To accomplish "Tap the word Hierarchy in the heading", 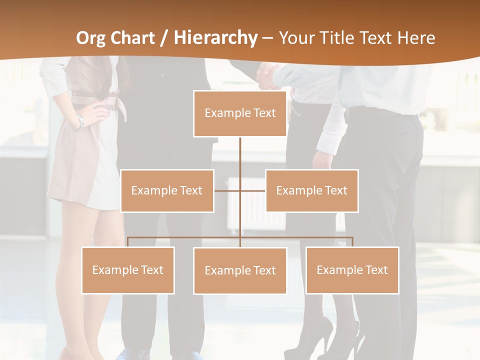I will [215, 38].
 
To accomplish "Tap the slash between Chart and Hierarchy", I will [164, 38].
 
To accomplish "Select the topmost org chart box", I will [240, 113].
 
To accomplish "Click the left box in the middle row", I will [167, 190].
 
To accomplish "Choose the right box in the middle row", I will [311, 190].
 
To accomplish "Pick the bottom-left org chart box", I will [128, 270].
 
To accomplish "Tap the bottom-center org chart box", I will [240, 270].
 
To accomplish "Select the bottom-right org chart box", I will [352, 270].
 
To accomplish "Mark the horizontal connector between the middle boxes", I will [239, 190].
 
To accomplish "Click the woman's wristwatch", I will [80, 120].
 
